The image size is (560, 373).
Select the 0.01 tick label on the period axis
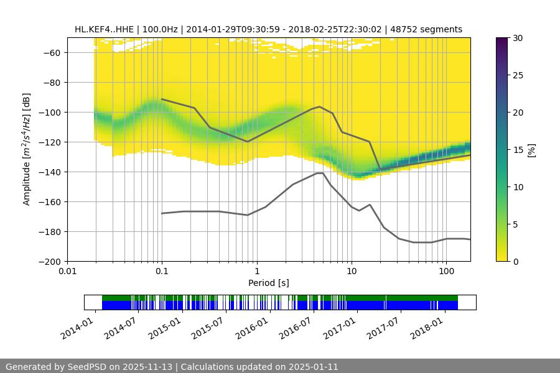[x=67, y=271]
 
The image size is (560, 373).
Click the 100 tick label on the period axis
[x=446, y=271]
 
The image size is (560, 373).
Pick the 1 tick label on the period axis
[x=256, y=271]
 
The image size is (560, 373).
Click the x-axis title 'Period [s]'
[x=269, y=283]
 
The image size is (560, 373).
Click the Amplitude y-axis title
[x=27, y=149]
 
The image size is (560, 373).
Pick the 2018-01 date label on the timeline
[x=428, y=326]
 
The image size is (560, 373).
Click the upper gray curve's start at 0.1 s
[x=162, y=99]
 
